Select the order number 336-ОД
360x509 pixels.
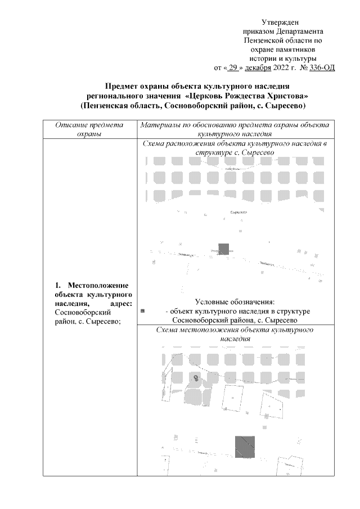[x=318, y=68]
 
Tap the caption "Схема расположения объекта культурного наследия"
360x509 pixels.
[x=235, y=148]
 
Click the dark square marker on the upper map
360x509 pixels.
[x=224, y=249]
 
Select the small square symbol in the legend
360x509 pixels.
[x=143, y=310]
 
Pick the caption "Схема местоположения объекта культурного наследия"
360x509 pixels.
[x=235, y=335]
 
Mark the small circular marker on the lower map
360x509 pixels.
[x=195, y=377]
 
